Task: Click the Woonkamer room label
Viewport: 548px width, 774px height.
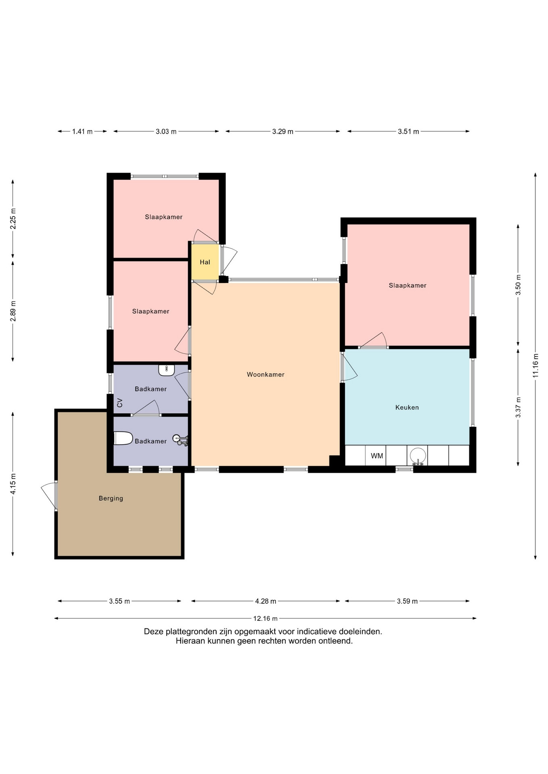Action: [x=266, y=375]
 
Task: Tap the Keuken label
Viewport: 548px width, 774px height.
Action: [x=407, y=408]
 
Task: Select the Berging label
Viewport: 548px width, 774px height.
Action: [x=111, y=498]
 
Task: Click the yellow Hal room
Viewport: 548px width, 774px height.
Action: [x=205, y=262]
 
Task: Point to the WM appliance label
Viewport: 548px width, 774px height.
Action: [x=377, y=456]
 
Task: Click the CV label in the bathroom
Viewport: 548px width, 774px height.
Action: [x=119, y=403]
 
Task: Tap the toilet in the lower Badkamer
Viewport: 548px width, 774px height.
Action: [x=123, y=438]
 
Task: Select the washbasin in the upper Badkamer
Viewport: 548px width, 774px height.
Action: [x=166, y=370]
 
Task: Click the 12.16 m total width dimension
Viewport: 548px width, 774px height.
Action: [x=266, y=618]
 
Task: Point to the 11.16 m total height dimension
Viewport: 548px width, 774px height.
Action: [x=535, y=366]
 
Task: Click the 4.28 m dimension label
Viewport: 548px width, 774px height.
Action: [x=266, y=601]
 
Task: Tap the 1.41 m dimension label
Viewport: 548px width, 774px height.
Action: [x=82, y=131]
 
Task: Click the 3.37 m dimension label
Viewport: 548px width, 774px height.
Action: [x=518, y=407]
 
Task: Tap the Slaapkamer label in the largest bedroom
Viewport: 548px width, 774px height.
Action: [x=408, y=285]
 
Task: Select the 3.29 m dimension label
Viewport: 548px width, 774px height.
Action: [x=282, y=131]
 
